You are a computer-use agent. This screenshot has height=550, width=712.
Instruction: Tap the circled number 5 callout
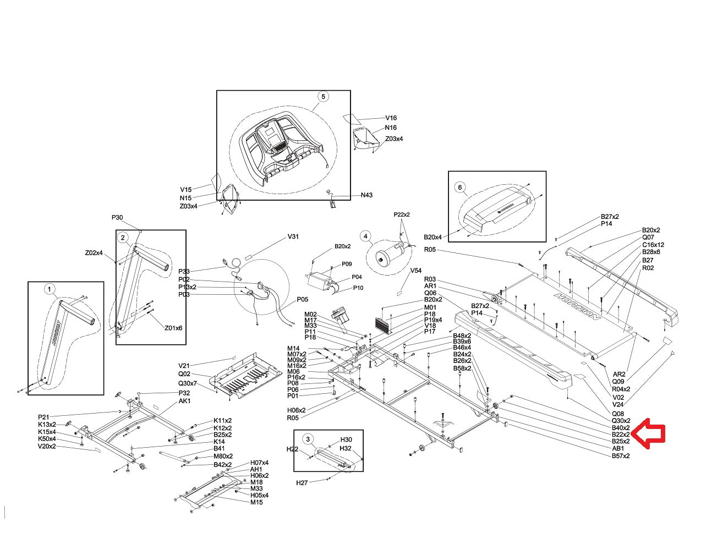[x=323, y=96]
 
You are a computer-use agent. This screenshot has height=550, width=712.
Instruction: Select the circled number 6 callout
[x=460, y=187]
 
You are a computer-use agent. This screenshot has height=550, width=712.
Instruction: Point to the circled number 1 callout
[x=49, y=289]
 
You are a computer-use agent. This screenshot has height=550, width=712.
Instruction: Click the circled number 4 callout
[x=365, y=236]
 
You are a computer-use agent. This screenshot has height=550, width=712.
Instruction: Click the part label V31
[x=293, y=237]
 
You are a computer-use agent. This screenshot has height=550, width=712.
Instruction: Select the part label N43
[x=367, y=195]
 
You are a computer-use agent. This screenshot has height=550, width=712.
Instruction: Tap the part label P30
[x=118, y=218]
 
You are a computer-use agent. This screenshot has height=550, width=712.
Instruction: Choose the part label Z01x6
[x=173, y=328]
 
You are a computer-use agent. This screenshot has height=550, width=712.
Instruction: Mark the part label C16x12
[x=653, y=245]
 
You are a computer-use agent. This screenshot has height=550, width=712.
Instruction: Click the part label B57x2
[x=621, y=456]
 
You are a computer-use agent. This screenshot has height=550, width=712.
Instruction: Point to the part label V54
[x=416, y=271]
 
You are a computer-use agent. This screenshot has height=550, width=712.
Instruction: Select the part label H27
[x=302, y=483]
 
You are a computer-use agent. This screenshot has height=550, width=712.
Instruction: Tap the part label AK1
[x=184, y=401]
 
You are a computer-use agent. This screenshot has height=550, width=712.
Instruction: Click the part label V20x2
[x=47, y=446]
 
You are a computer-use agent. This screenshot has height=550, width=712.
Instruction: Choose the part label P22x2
[x=402, y=215]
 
